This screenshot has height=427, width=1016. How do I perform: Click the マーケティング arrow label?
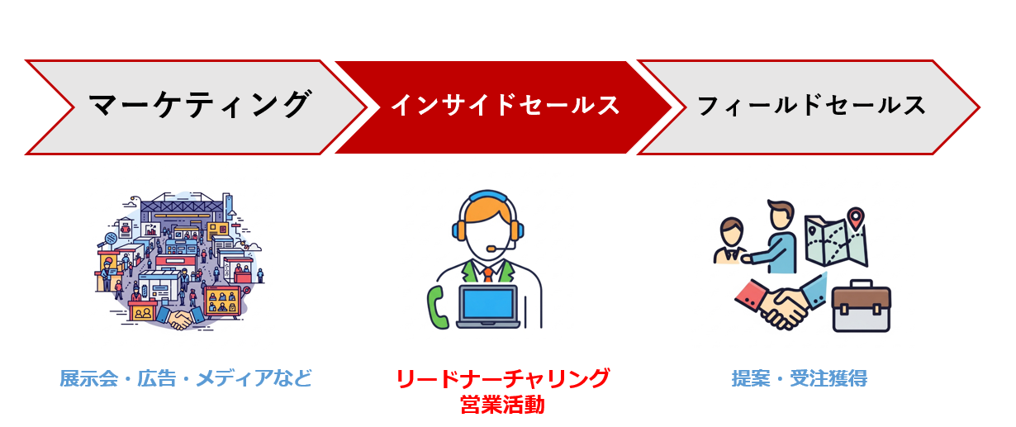tap(200, 105)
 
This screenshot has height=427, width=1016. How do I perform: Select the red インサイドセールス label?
tap(506, 105)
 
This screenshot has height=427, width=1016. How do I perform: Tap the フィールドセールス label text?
tap(811, 105)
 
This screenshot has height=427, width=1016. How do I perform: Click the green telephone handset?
tap(437, 308)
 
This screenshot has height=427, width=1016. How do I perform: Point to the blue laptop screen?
tap(487, 303)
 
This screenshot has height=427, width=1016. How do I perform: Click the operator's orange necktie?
tap(487, 274)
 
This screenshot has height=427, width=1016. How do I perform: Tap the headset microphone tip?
tap(491, 249)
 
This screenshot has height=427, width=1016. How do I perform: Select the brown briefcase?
tap(862, 306)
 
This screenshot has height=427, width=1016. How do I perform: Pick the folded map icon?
tap(836, 240)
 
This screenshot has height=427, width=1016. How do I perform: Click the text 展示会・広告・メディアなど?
tap(186, 378)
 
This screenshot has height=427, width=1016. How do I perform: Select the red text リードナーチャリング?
tap(502, 378)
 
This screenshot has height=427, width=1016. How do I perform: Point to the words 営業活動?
tap(502, 405)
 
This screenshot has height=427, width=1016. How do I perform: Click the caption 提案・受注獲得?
tap(800, 378)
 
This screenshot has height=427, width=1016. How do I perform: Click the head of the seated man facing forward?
tap(731, 232)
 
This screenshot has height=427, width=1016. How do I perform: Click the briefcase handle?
tap(861, 283)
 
